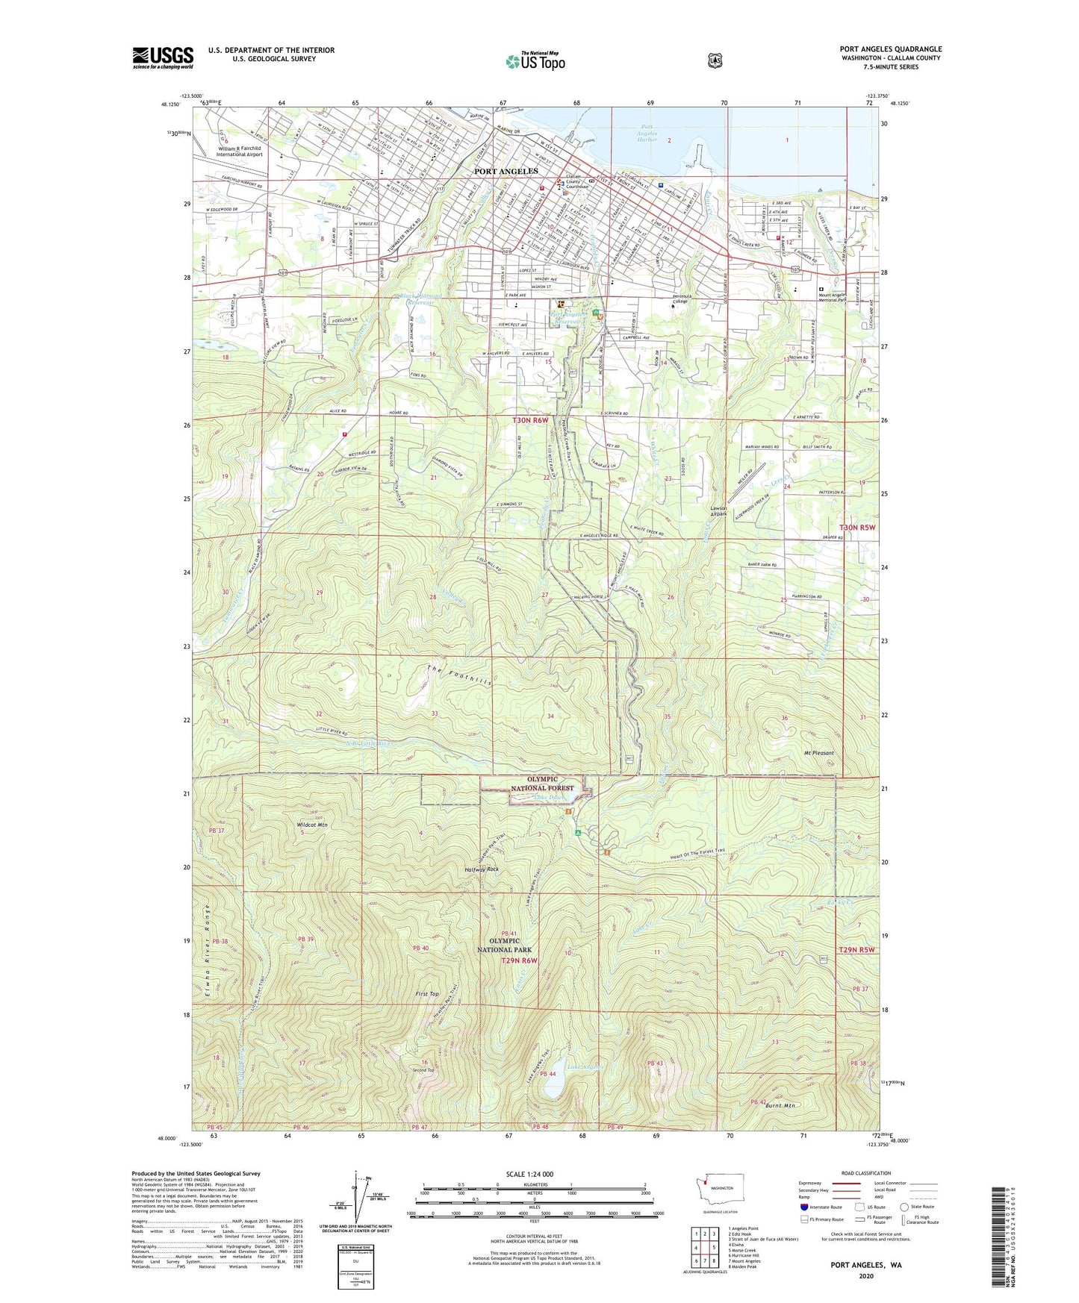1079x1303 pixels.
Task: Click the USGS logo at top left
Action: pos(163,57)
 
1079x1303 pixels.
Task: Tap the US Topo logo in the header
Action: pos(535,61)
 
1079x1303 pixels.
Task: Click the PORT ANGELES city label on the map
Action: pos(506,171)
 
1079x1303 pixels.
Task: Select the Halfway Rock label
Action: pos(482,869)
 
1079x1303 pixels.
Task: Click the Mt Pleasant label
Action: pos(818,753)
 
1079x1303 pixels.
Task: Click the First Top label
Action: pos(427,994)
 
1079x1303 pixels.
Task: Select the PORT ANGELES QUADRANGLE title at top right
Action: pos(890,49)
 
